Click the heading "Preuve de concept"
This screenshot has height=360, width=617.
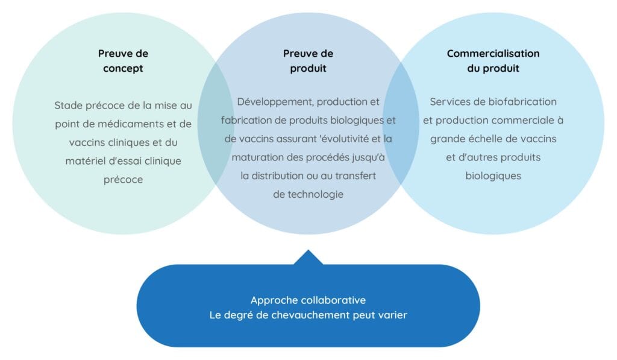pos(123,61)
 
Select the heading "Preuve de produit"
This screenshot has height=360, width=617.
pos(308,61)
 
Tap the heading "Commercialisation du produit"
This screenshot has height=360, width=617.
pos(493,61)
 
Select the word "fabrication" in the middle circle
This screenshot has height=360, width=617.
pos(248,120)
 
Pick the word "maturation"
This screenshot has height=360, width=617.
pos(252,157)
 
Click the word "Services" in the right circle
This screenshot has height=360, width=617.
pos(448,101)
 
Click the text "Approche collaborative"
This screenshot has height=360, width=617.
pos(308,300)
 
